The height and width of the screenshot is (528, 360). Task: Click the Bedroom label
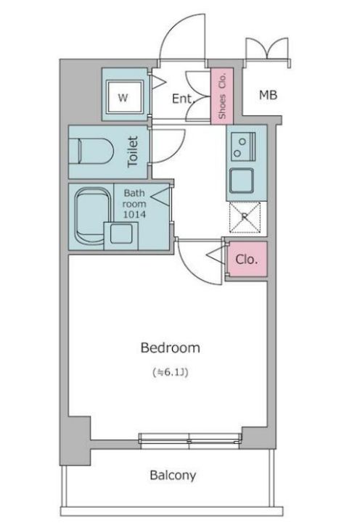(171, 347)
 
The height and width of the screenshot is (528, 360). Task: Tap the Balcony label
(173, 476)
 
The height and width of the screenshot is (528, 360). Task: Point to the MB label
(268, 95)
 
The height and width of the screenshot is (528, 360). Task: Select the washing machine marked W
(123, 98)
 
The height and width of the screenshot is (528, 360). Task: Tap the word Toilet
(133, 151)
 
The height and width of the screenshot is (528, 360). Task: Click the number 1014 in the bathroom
(134, 215)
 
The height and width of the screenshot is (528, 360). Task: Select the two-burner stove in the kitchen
(242, 147)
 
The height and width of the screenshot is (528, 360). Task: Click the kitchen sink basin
(242, 181)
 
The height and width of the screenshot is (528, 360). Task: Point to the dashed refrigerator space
(245, 217)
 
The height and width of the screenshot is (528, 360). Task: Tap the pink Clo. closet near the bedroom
(246, 260)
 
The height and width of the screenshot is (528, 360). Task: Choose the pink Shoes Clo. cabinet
(222, 96)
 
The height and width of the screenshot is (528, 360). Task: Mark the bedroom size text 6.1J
(171, 373)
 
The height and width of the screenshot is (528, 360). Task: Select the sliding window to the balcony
(190, 440)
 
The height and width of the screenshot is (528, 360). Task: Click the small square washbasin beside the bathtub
(121, 234)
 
